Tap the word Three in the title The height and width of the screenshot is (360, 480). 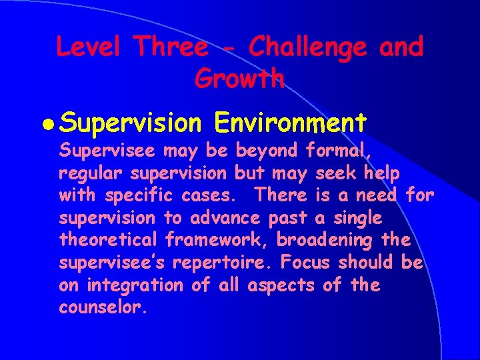(171, 47)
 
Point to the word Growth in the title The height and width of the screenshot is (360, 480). (239, 79)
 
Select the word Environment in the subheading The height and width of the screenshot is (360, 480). (291, 123)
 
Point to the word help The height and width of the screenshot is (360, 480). (382, 173)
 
